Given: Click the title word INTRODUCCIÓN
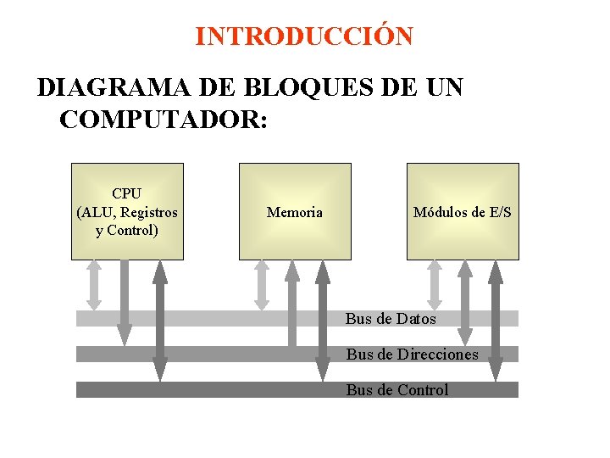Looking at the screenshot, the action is pyautogui.click(x=303, y=37).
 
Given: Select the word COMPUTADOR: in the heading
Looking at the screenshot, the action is pyautogui.click(x=164, y=119).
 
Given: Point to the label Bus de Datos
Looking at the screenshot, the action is pyautogui.click(x=391, y=319).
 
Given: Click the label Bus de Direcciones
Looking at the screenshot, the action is pyautogui.click(x=412, y=354).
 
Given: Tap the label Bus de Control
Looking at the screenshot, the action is pyautogui.click(x=396, y=390).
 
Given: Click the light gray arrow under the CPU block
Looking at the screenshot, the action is pyautogui.click(x=95, y=284).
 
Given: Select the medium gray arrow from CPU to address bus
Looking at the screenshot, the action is pyautogui.click(x=125, y=301).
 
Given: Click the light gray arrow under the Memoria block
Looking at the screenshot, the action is pyautogui.click(x=262, y=284).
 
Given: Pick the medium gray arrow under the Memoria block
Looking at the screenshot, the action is pyautogui.click(x=292, y=301).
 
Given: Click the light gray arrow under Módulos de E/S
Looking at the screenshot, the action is pyautogui.click(x=435, y=284).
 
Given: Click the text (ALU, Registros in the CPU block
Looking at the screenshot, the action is pyautogui.click(x=127, y=212).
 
